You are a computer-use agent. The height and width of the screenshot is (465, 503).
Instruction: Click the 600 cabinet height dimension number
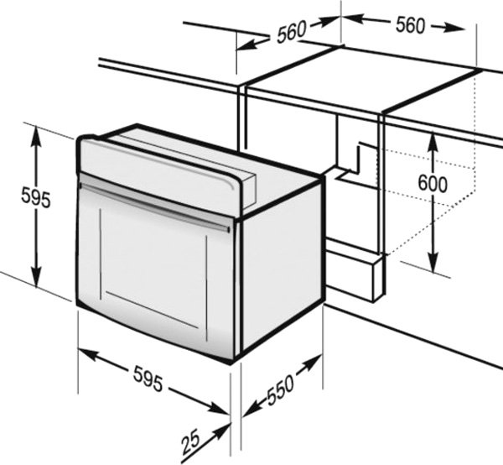433,184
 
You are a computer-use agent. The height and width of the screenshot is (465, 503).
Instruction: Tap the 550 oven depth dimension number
280,389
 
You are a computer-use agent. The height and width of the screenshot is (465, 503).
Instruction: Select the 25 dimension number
191,443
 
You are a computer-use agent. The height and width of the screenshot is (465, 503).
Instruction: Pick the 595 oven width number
148,379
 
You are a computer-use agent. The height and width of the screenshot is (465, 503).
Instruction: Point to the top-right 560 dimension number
410,25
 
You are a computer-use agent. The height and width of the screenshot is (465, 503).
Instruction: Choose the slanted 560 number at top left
292,31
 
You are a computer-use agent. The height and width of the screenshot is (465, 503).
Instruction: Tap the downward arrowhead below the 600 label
433,263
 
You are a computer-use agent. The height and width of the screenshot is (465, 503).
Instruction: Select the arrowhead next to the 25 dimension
222,430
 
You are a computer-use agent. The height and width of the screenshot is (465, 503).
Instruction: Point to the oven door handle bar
154,207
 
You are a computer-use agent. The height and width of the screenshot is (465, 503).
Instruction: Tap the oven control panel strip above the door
158,173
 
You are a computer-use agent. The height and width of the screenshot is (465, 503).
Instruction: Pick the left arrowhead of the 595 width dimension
88,354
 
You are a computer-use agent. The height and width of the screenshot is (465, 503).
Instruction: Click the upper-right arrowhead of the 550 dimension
313,362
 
